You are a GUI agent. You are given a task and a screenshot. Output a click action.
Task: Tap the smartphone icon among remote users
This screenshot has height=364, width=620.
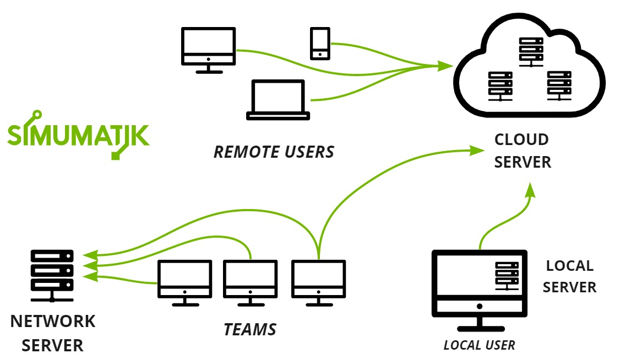[320, 44]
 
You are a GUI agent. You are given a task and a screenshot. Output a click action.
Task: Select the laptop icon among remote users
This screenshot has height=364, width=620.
[278, 100]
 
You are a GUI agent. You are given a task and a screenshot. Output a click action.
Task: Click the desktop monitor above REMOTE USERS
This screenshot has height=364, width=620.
[209, 50]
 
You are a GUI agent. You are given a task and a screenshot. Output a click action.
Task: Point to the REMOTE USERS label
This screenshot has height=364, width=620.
[274, 152]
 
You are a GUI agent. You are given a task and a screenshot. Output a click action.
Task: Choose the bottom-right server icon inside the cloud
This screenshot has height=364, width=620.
[560, 85]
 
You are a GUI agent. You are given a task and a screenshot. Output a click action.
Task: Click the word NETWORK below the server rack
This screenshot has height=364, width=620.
[53, 321]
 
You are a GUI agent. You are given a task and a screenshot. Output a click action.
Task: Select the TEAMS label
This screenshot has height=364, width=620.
[250, 330]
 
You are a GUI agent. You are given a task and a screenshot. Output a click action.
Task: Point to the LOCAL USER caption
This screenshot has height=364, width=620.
[479, 345]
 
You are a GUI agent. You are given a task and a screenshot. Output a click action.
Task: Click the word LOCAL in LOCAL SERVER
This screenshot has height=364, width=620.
[569, 266]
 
